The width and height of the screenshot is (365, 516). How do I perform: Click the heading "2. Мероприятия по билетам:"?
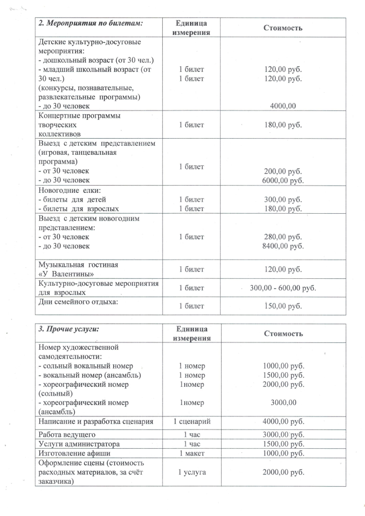pos(91,23)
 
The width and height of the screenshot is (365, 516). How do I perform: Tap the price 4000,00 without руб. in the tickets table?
pos(283,106)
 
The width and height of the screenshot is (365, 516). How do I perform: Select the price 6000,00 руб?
pos(283,181)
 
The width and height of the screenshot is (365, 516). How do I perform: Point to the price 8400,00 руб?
pos(283,246)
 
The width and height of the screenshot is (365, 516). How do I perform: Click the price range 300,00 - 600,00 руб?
pos(283,288)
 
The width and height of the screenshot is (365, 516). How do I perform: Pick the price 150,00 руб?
pos(283,306)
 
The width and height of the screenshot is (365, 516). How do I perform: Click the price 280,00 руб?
pos(283,237)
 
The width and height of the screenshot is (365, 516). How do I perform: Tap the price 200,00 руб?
pos(283,171)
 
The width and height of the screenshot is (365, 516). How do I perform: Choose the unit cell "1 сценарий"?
pos(191,421)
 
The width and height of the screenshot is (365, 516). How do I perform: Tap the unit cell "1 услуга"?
pos(191,472)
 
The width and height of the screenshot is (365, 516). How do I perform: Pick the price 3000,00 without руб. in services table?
pos(283,402)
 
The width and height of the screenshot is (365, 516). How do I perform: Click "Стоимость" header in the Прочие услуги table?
pos(283,334)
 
